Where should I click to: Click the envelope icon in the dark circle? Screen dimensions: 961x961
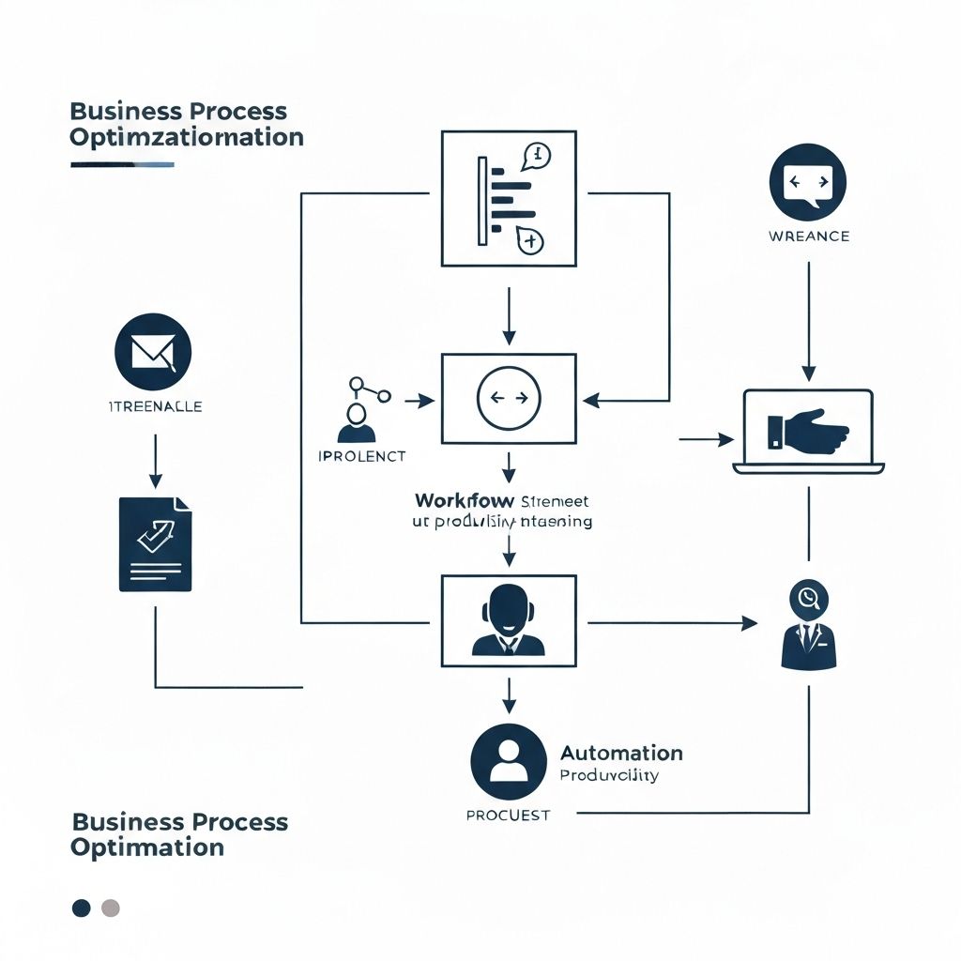pos(153,353)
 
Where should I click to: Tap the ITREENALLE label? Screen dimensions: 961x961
pos(154,406)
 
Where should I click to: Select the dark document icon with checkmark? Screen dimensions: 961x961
pos(155,544)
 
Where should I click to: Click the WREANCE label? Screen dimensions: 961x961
pos(808,236)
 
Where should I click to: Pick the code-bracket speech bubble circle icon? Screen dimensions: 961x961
pos(807,182)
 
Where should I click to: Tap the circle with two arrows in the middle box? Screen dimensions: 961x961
pos(509,398)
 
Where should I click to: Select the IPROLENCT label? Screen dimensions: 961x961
pos(362,456)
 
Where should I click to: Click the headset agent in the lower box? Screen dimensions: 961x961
pos(508,619)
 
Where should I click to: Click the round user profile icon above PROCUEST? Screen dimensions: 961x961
pos(508,761)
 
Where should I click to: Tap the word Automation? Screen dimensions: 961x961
pos(621,753)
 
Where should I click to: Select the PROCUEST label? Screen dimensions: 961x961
pos(508,815)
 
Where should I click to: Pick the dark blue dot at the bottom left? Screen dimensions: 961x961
pos(82,908)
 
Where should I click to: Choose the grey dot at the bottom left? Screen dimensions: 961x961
pos(110,908)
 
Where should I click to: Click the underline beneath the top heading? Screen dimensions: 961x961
pos(122,165)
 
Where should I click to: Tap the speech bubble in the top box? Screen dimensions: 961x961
pos(536,154)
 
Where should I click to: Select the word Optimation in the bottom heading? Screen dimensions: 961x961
pos(147,847)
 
